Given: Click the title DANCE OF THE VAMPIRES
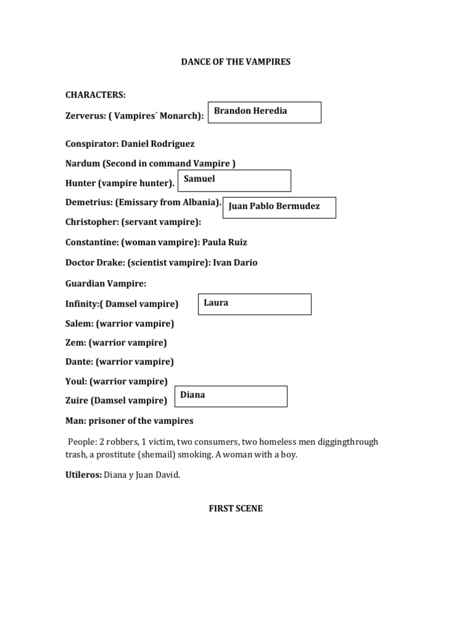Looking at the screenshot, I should (x=235, y=62).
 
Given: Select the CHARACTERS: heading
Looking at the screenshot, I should (x=95, y=95).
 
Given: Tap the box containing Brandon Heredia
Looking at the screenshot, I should (x=264, y=112).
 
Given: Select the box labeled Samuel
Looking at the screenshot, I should (x=234, y=181).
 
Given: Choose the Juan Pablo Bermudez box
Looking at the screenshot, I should (x=279, y=207).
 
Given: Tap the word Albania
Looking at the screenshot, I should (x=200, y=202).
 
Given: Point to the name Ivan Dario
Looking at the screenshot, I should (x=235, y=262).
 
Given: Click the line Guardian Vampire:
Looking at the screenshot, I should (x=106, y=283).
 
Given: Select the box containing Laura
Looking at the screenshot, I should (x=254, y=304).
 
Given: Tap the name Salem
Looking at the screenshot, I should (x=78, y=323).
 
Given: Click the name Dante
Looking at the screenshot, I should (x=78, y=361).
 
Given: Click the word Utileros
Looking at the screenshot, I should (x=84, y=474).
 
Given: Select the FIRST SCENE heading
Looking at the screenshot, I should (x=235, y=509).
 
